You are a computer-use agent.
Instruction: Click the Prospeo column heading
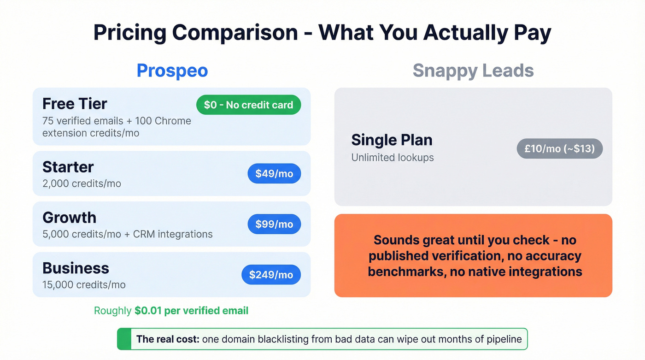(172, 71)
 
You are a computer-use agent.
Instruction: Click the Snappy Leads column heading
(473, 71)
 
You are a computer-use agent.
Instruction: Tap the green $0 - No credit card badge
(248, 105)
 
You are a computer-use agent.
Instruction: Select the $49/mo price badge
(274, 174)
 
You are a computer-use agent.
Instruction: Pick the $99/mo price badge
(274, 224)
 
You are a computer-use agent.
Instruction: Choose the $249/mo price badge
(271, 275)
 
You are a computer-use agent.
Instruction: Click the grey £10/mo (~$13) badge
(559, 149)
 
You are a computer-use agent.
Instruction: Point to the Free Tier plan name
(75, 104)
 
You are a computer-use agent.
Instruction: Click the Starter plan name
(68, 167)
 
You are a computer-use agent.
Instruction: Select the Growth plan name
(69, 218)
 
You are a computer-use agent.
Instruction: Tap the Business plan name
(76, 268)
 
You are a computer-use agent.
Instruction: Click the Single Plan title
(392, 140)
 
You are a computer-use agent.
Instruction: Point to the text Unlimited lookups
(393, 158)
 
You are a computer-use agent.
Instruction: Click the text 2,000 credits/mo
(82, 183)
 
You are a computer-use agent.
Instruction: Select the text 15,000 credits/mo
(84, 285)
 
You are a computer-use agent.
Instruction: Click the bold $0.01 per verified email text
(191, 311)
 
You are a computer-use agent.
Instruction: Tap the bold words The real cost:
(167, 340)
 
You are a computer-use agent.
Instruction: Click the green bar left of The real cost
(124, 339)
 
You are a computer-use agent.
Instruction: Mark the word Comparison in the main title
(235, 33)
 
